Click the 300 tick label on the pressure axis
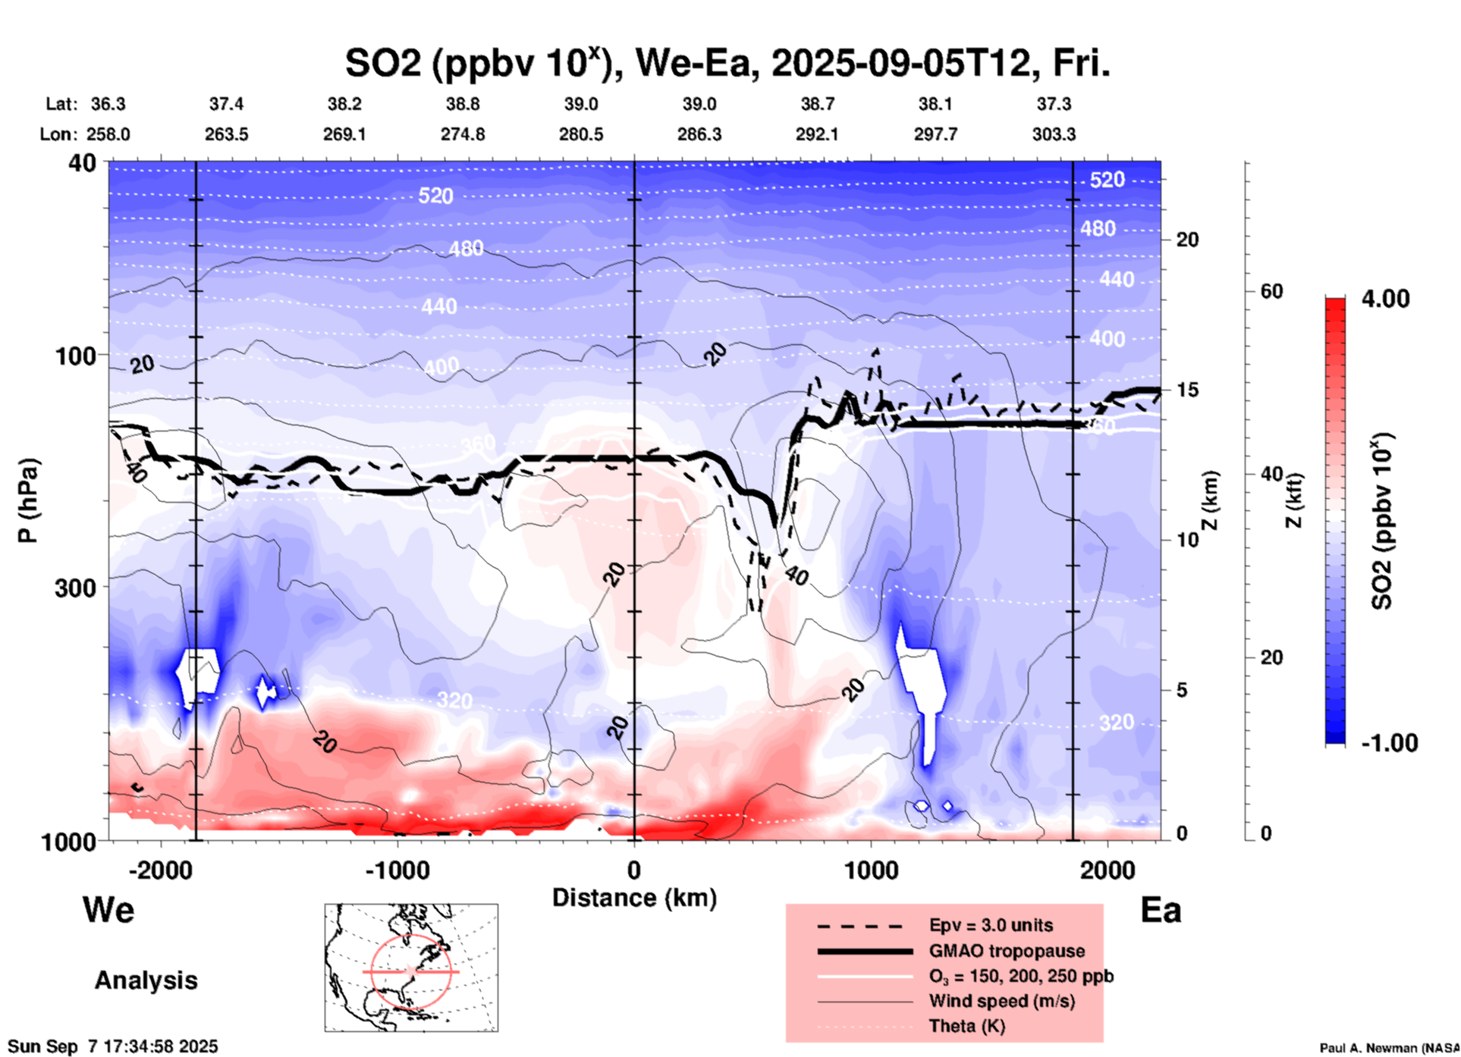click(x=76, y=588)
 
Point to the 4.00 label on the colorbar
click(x=1385, y=299)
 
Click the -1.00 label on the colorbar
click(x=1389, y=743)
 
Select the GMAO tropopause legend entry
click(x=1006, y=951)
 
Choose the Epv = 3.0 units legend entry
click(x=990, y=925)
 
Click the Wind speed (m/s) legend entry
click(x=1001, y=1001)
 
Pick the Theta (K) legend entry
click(x=966, y=1026)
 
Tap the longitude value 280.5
click(x=581, y=134)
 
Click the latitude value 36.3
click(x=108, y=104)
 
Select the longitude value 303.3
click(x=1054, y=134)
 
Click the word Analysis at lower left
click(x=146, y=980)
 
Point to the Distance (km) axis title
click(x=634, y=898)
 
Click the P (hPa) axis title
click(x=28, y=500)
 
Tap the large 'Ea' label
click(x=1161, y=911)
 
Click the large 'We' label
click(x=108, y=909)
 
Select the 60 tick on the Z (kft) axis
click(x=1271, y=291)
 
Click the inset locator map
click(x=411, y=968)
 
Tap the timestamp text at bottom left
click(x=112, y=1046)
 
